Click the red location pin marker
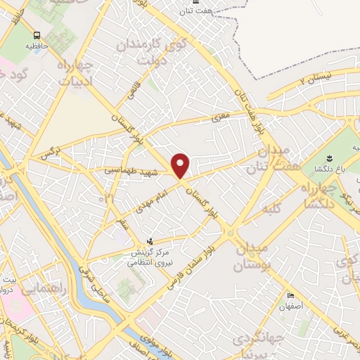pos(181,166)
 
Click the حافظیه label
pos(37,45)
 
